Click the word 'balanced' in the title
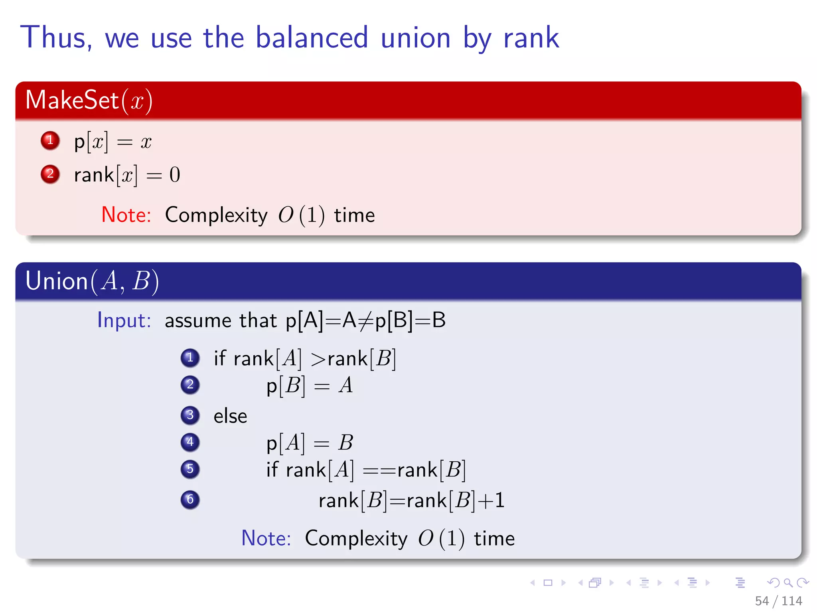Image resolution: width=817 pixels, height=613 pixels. pos(311,38)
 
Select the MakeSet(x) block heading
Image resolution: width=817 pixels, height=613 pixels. pos(89,100)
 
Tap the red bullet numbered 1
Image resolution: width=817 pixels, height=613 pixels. pos(50,140)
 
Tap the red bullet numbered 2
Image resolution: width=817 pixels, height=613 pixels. pos(50,174)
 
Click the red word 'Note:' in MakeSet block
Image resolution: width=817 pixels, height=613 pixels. pos(126,215)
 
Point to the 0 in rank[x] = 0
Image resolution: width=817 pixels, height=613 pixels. pos(175,175)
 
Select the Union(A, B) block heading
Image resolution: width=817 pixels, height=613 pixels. pos(92,281)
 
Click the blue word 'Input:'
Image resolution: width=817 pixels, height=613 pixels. pos(124,320)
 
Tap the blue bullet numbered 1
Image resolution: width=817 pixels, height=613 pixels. pos(190,358)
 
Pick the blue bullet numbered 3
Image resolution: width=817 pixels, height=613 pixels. pos(190,415)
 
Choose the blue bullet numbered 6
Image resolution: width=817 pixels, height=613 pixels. pos(190,500)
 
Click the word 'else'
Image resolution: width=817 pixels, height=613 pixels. pos(230,416)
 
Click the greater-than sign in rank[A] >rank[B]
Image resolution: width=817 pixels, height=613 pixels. pos(318,359)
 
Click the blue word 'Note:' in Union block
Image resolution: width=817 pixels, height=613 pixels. pos(266,538)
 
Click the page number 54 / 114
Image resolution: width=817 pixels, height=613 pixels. pos(778,601)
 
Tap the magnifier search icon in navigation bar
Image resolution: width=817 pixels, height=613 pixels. pos(788,583)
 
